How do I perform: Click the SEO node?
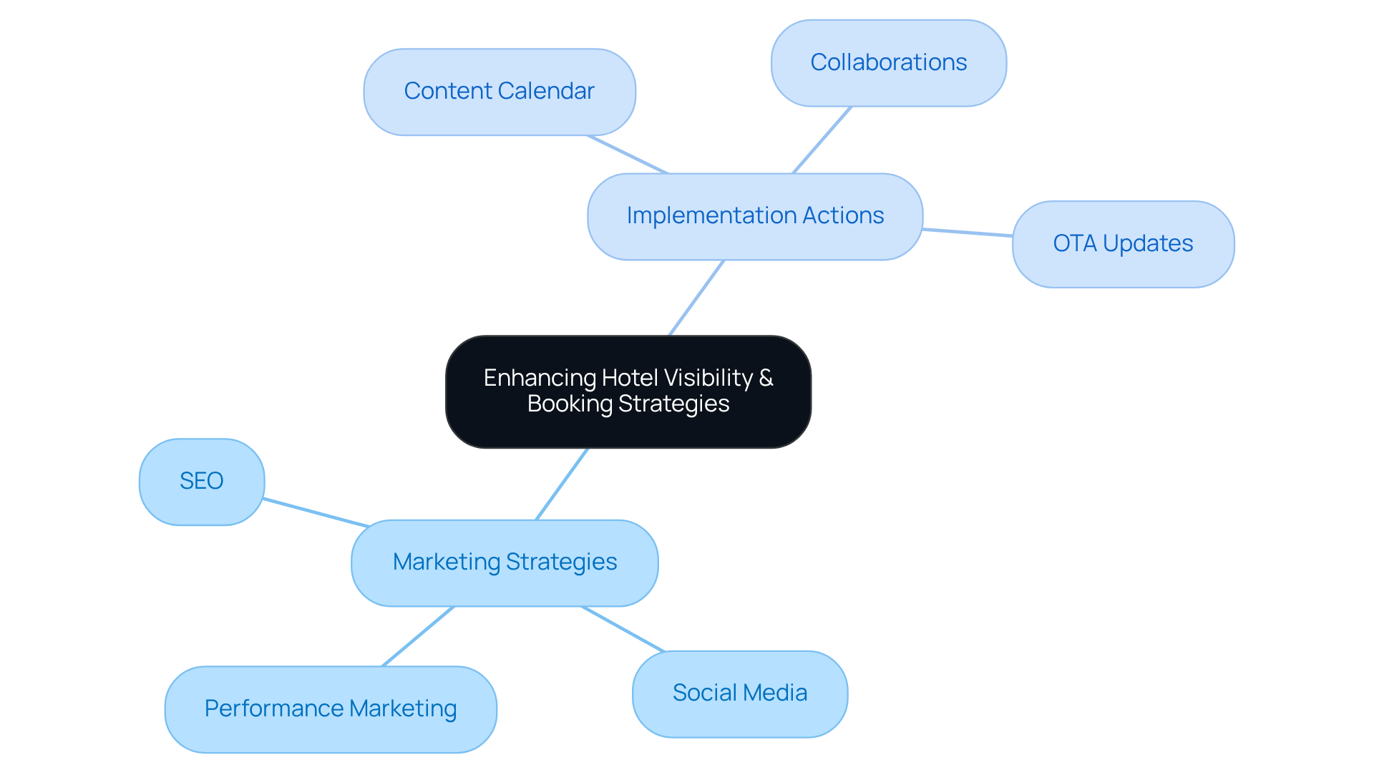[202, 482]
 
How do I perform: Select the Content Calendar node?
[499, 92]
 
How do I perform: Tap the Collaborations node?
[888, 63]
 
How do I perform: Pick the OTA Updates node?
[1122, 244]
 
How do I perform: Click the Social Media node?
[739, 693]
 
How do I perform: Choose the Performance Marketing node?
[330, 709]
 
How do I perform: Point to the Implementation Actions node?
[754, 216]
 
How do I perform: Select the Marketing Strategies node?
[505, 562]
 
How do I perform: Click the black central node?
[628, 429]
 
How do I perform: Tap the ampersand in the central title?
[766, 378]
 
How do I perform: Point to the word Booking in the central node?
[570, 404]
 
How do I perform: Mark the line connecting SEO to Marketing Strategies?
[316, 512]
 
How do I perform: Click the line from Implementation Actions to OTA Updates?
[968, 233]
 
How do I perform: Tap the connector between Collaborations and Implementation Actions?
[822, 140]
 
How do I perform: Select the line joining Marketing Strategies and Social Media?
[623, 629]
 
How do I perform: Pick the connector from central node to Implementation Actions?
[697, 298]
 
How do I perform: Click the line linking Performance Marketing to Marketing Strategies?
[418, 637]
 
